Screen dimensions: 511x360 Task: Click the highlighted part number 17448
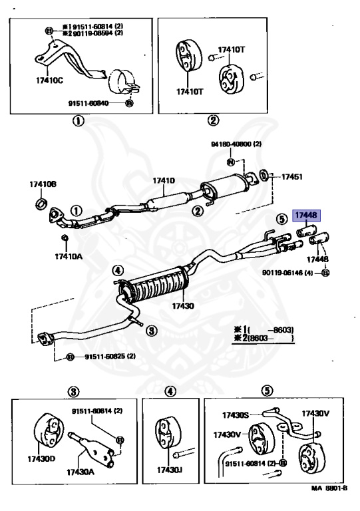pos(307,215)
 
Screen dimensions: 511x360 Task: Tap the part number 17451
pos(291,177)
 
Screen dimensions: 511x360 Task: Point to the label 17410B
pos(43,184)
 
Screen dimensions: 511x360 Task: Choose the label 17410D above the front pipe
pos(163,180)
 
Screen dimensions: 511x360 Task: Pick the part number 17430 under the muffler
pos(182,306)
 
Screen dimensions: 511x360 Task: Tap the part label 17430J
pos(170,470)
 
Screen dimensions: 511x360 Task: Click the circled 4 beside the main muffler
pos(117,270)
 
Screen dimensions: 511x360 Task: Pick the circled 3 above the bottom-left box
pos(74,391)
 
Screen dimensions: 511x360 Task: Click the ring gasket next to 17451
pos(264,176)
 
